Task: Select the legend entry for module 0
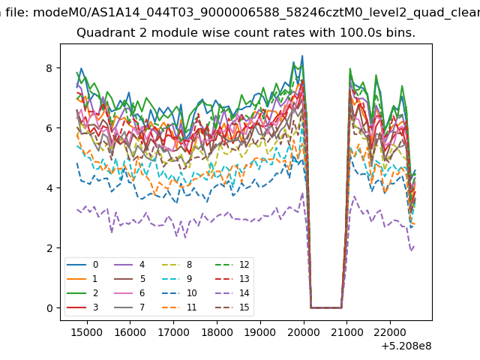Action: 82,265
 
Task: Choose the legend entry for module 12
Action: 232,265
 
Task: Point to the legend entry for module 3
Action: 82,307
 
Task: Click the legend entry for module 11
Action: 178,307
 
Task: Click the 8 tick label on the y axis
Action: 49,68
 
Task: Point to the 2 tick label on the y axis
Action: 49,248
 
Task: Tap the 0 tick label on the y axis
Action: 49,308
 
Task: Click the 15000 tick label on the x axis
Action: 87,331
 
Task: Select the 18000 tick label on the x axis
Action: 217,331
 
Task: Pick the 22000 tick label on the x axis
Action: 390,331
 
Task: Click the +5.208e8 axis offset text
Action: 406,346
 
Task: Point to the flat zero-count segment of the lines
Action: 326,307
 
